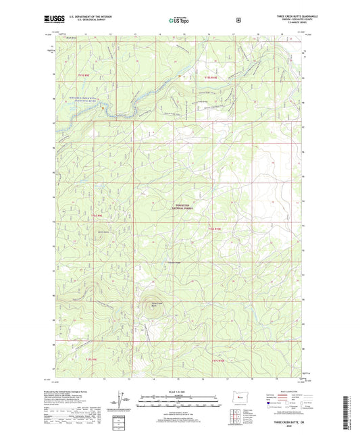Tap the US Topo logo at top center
click(x=178, y=21)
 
